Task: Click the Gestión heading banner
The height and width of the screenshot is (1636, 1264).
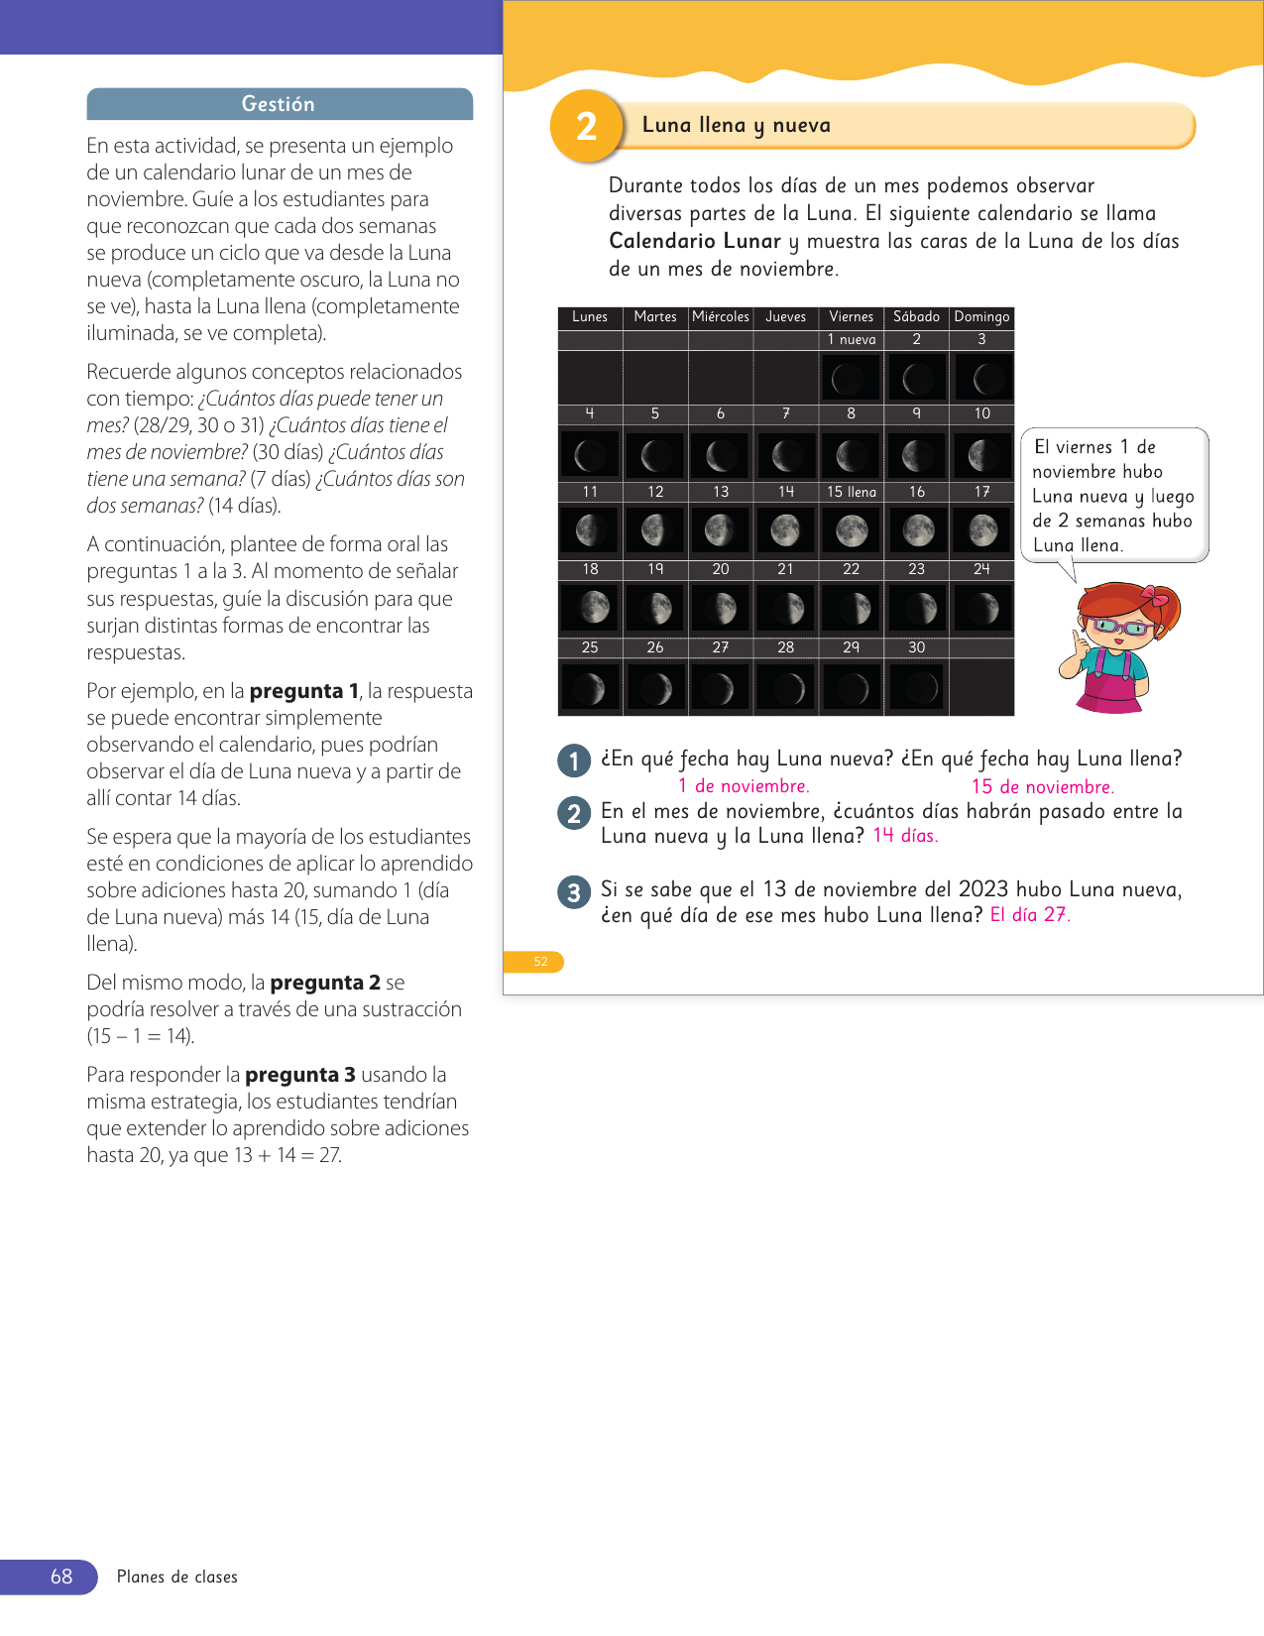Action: [279, 104]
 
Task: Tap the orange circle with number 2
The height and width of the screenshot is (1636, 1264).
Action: [586, 126]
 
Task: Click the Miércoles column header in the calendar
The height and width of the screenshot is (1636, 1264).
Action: [721, 317]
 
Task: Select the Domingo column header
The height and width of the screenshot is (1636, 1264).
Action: [981, 317]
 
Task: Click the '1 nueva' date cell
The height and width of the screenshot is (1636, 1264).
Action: [852, 340]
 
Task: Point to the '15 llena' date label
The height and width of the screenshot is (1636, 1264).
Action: [852, 492]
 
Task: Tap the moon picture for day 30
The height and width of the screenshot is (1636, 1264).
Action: [917, 687]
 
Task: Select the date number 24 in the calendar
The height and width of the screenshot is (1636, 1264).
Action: [981, 569]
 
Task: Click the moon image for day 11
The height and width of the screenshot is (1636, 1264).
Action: [590, 530]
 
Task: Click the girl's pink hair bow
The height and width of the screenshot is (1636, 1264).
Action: [1154, 596]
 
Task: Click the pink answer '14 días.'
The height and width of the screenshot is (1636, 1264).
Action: [905, 836]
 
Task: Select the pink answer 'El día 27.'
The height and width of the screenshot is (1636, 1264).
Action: [1030, 915]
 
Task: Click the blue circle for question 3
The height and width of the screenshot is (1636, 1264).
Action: [574, 892]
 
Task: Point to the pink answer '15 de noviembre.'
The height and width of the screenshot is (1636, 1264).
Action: [1042, 787]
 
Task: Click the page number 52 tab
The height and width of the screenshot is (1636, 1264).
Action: [540, 962]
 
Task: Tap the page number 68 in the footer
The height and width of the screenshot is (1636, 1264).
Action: [61, 1577]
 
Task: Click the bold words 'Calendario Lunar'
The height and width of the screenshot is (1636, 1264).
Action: [695, 241]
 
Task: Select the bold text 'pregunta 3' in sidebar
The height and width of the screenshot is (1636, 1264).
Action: [299, 1075]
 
